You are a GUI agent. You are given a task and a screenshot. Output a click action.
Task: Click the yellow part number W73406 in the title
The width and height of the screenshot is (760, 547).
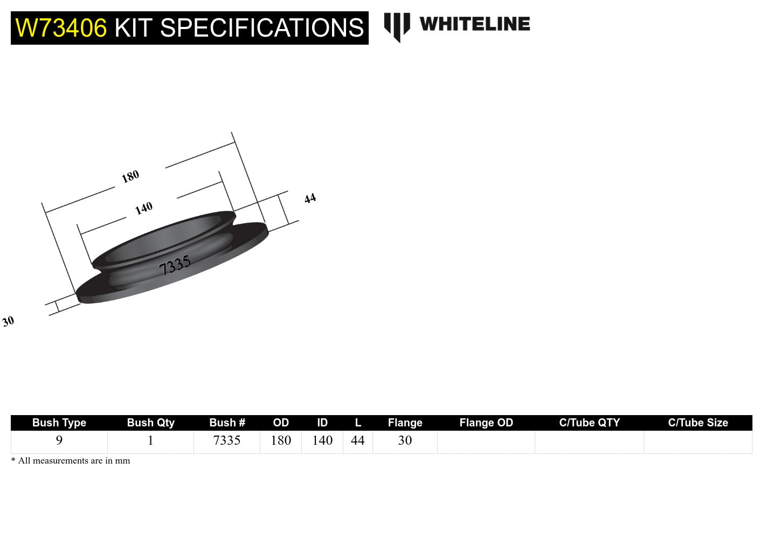pos(61,28)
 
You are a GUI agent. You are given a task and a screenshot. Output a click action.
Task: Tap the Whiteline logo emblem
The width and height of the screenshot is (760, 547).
pos(397,26)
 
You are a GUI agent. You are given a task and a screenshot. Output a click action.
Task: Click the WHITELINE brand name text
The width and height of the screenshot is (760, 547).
pos(474,24)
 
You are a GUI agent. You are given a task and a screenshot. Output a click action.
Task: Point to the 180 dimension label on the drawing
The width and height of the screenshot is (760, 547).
pos(130,176)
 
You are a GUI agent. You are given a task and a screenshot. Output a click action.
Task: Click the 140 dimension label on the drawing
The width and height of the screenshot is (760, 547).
pos(144,208)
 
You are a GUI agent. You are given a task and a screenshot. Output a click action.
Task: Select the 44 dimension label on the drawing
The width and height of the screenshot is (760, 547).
pos(310,199)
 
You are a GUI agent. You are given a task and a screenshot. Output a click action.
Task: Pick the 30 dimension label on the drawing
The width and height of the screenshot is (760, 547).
pos(8,321)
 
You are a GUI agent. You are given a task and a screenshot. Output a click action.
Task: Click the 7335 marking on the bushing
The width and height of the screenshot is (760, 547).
pos(175,265)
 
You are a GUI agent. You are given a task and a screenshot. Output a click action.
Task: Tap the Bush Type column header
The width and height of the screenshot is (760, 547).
pos(59,423)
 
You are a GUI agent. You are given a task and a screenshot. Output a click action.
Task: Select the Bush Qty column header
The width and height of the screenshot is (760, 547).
pos(150,423)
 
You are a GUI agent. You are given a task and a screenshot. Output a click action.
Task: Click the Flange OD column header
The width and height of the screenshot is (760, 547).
pos(486,423)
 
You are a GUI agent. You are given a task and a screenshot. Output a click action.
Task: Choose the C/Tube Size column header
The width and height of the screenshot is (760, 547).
pos(697,423)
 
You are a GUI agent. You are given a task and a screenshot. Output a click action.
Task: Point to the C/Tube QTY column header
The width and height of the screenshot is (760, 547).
pos(589,423)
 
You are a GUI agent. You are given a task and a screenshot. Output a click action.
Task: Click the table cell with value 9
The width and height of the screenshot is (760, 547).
pos(59,440)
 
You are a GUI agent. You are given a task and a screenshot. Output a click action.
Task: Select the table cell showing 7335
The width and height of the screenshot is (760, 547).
pos(227,440)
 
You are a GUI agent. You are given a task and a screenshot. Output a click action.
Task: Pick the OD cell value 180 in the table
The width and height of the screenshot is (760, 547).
pos(281,440)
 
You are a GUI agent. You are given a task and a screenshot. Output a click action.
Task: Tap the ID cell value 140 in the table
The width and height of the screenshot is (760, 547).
pos(322,440)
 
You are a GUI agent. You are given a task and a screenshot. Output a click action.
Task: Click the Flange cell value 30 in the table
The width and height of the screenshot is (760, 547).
pos(405,440)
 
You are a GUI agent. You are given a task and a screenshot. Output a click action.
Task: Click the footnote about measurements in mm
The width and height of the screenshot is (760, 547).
pos(71,461)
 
